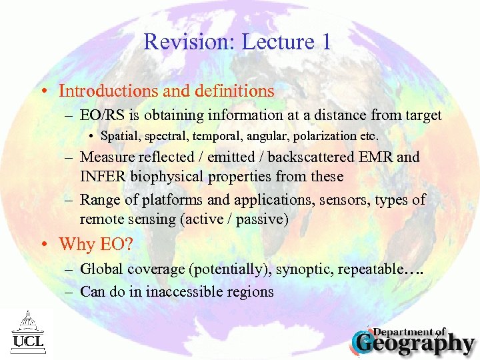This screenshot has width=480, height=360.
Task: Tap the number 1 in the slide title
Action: [325, 41]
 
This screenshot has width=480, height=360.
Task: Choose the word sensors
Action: [345, 199]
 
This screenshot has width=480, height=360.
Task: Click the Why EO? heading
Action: [95, 244]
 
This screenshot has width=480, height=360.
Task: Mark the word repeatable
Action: [370, 269]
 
